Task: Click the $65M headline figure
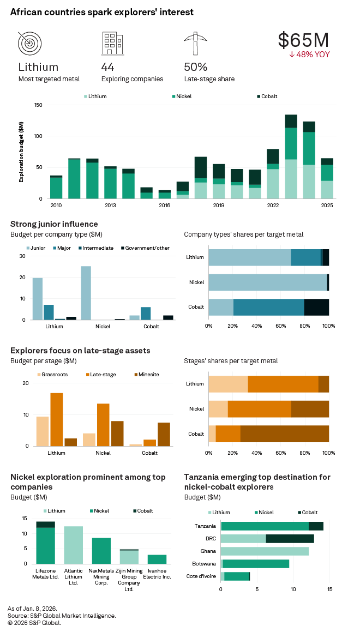pyautogui.click(x=303, y=40)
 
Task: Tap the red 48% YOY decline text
pyautogui.click(x=309, y=55)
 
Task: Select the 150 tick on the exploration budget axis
pyautogui.click(x=38, y=105)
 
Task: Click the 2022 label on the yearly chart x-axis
pyautogui.click(x=273, y=205)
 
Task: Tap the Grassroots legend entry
pyautogui.click(x=53, y=375)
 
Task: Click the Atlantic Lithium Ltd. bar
pyautogui.click(x=73, y=545)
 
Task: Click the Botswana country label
pyautogui.click(x=203, y=564)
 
